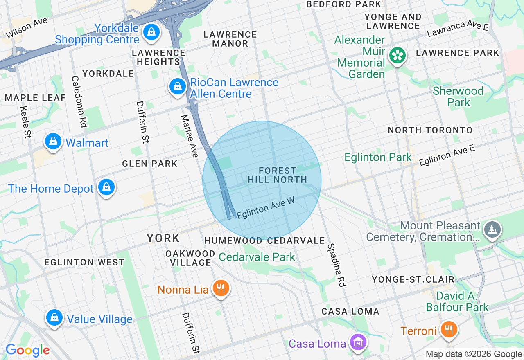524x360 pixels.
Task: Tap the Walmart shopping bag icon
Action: coord(53,142)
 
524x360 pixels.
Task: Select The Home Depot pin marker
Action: coord(106,187)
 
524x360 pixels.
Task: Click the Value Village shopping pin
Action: coord(54,317)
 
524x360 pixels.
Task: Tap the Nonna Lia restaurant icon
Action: coord(221,288)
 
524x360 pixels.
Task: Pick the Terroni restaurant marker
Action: coord(449,329)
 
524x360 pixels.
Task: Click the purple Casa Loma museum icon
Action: coord(358,342)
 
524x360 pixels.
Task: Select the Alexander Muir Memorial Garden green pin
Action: coord(397,55)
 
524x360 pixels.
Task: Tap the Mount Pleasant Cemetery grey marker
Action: coord(492,229)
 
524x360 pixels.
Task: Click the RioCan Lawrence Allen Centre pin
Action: coord(178,87)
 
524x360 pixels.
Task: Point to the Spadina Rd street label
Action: coord(337,265)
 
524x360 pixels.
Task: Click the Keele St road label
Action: coord(25,122)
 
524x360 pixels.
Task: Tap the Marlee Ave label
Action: coord(190,135)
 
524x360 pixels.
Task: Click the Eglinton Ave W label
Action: coord(266,208)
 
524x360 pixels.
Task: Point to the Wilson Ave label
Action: coord(26,28)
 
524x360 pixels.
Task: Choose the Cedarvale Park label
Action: coord(257,257)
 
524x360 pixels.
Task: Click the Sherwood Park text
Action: coord(458,97)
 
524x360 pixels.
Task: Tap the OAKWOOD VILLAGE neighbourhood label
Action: coord(190,258)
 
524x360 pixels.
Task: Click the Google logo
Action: coord(27,350)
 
